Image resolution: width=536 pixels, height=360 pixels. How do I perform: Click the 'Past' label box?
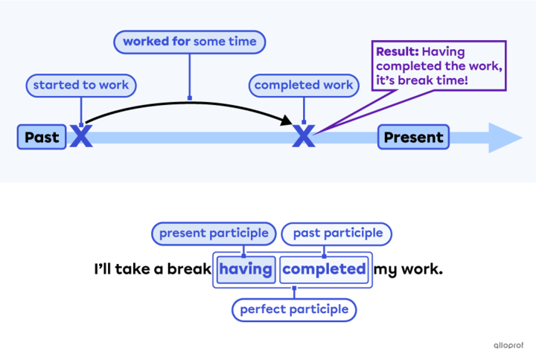point(42,137)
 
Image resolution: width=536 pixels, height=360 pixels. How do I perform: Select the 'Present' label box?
point(413,137)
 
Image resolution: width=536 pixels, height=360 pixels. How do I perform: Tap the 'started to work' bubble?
point(80,86)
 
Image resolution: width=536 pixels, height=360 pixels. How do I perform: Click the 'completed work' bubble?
point(304,86)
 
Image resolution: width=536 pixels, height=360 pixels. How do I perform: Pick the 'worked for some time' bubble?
point(189,42)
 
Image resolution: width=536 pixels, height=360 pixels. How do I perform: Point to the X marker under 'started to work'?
point(80,136)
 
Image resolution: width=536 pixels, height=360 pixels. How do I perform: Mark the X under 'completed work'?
point(304,136)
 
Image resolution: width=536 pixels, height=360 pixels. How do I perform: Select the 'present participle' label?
point(213,234)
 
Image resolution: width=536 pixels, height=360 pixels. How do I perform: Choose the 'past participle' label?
point(337,234)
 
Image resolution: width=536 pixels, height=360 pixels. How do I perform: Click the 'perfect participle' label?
point(294,309)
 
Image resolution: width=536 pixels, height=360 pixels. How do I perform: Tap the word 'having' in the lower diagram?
point(246,269)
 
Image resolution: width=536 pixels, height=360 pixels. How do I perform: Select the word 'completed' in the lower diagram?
point(325,269)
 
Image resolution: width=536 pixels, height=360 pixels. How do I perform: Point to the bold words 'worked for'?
point(156,42)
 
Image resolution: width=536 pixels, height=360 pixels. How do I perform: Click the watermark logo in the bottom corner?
point(508,345)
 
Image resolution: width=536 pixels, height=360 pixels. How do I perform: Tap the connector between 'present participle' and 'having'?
point(243,250)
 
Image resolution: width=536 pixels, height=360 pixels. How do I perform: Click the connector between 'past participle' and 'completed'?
point(324,250)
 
